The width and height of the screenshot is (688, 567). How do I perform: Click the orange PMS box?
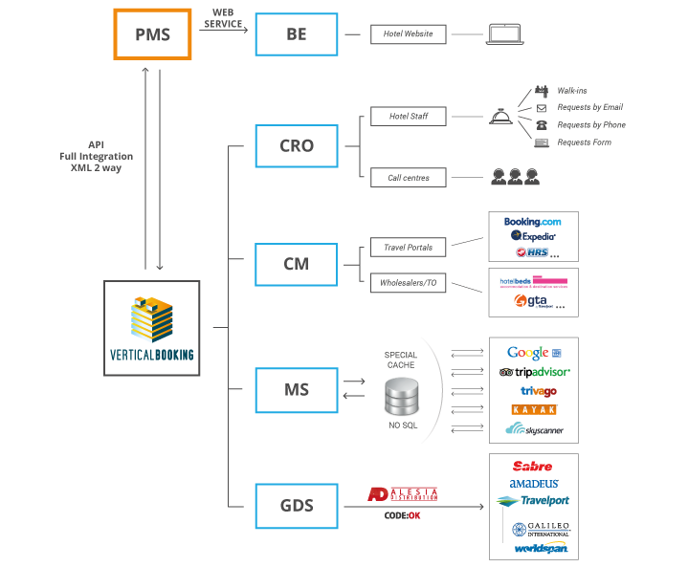pyautogui.click(x=152, y=33)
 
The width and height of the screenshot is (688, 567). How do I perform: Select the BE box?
pyautogui.click(x=297, y=33)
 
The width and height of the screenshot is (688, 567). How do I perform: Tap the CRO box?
pyautogui.click(x=297, y=146)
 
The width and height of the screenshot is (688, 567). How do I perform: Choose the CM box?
pyautogui.click(x=297, y=264)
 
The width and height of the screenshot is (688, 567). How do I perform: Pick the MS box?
pyautogui.click(x=297, y=389)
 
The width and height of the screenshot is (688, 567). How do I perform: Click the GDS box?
pyautogui.click(x=297, y=506)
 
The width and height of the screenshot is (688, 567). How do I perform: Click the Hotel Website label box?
pyautogui.click(x=410, y=34)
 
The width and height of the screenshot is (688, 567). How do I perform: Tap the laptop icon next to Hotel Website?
pyautogui.click(x=505, y=34)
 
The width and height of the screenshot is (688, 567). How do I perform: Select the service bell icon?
pyautogui.click(x=499, y=117)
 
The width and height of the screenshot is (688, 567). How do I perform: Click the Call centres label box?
pyautogui.click(x=410, y=177)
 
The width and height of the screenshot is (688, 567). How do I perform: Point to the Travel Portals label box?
pyautogui.click(x=410, y=247)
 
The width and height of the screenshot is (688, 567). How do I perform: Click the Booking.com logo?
pyautogui.click(x=533, y=222)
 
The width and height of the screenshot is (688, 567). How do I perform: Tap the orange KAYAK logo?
pyautogui.click(x=533, y=409)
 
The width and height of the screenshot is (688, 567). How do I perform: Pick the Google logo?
pyautogui.click(x=529, y=353)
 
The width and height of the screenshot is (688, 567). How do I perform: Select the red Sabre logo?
pyautogui.click(x=532, y=467)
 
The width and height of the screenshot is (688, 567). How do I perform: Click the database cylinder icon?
pyautogui.click(x=401, y=395)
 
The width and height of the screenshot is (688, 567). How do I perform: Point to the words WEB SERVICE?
pyautogui.click(x=226, y=19)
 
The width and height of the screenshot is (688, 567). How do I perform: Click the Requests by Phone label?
pyautogui.click(x=590, y=125)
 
